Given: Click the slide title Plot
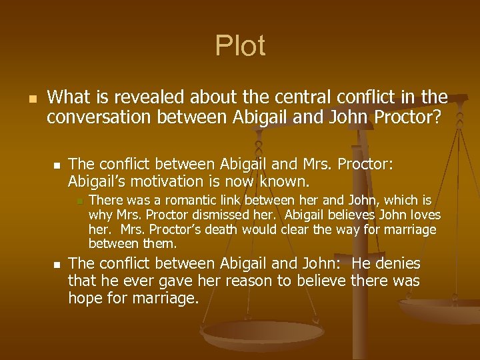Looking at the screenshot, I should (x=240, y=46).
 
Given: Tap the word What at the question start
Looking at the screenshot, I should (x=69, y=98).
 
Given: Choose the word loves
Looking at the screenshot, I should (x=422, y=215).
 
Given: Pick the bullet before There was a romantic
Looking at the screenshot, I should (x=78, y=201).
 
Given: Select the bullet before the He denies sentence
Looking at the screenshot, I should (x=57, y=264).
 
